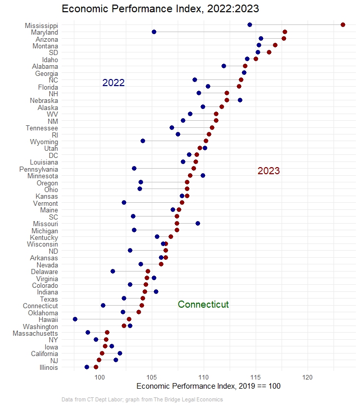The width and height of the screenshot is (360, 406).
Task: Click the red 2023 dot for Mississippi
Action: (343, 25)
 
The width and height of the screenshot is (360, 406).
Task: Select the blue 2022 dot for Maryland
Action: (154, 32)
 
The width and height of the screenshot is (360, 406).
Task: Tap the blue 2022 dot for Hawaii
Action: (75, 319)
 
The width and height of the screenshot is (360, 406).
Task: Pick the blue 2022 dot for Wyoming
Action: (143, 141)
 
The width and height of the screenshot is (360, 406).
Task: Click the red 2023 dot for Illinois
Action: (96, 367)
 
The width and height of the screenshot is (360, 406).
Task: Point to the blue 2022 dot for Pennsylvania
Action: (134, 168)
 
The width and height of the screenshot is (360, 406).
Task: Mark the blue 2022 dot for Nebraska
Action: (240, 100)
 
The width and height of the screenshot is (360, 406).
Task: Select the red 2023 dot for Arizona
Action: (284, 39)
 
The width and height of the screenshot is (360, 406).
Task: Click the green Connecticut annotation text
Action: (203, 305)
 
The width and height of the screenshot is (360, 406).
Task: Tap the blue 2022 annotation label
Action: (113, 83)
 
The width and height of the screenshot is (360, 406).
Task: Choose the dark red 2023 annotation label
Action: (268, 171)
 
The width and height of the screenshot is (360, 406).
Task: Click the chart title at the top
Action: (160, 9)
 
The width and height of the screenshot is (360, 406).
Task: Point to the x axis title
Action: (209, 387)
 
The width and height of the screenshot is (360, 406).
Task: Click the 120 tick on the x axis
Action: (308, 377)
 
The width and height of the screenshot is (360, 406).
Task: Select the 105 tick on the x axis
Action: (152, 377)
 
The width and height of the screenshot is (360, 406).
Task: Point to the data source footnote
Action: (142, 400)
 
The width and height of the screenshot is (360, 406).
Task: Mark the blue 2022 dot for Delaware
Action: (113, 271)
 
